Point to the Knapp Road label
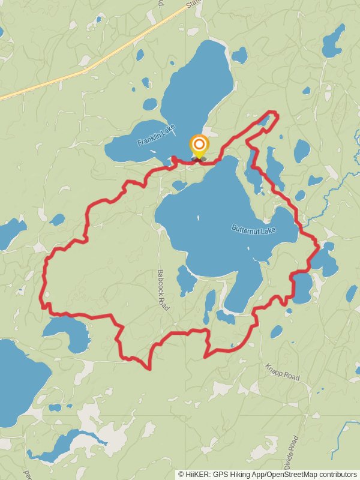click(x=282, y=371)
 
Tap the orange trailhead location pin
click(x=199, y=146)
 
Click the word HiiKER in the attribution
click(x=196, y=474)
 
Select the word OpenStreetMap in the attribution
click(x=290, y=474)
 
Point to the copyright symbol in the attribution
click(x=181, y=474)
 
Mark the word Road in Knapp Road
click(x=290, y=374)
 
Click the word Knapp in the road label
click(x=274, y=368)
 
